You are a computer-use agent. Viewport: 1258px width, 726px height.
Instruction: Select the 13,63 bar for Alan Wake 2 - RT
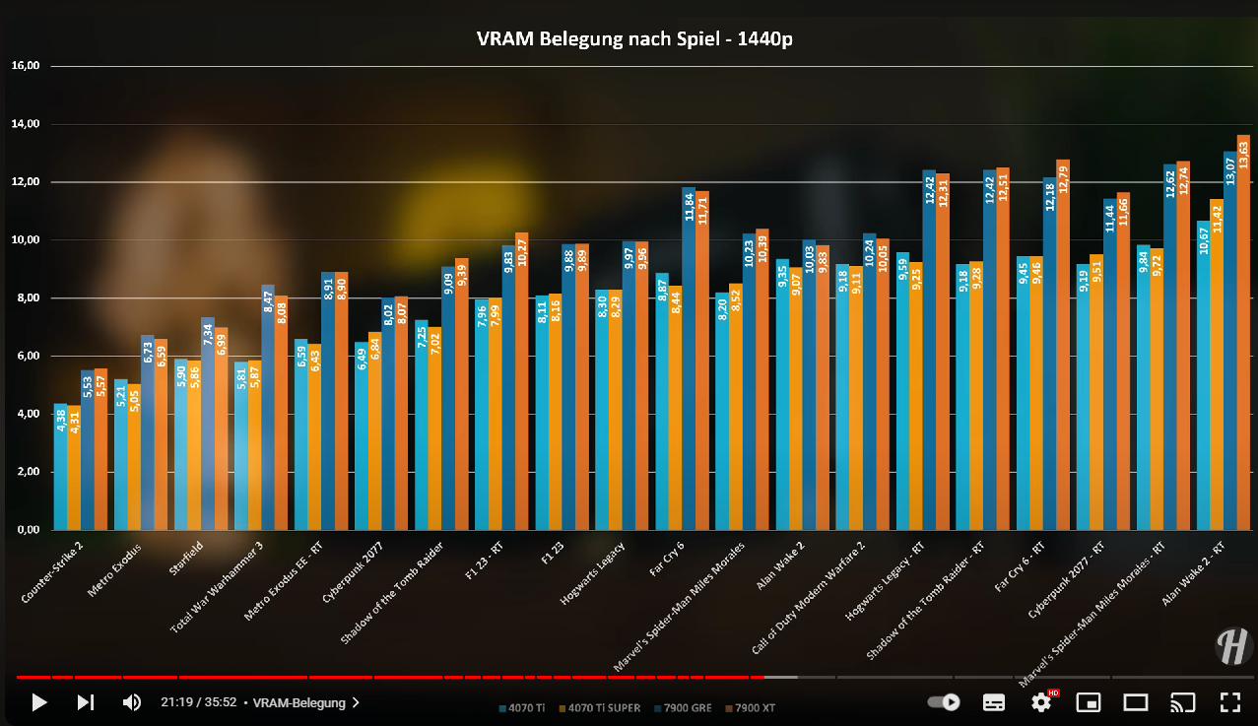pos(1243,335)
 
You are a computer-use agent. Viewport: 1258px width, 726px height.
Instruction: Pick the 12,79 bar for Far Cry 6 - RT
pos(1063,345)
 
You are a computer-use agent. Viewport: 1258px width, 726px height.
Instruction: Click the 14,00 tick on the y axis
pos(25,124)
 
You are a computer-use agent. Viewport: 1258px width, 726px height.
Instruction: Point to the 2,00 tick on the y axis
pos(25,472)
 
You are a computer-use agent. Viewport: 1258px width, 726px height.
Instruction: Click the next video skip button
pos(86,702)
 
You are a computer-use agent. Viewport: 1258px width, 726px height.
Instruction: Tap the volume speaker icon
pos(131,702)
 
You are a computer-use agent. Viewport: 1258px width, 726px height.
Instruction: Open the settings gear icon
pos(1041,702)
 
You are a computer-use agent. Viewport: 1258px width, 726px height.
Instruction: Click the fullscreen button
pos(1229,702)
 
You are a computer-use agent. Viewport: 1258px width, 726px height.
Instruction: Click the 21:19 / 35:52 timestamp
pos(197,703)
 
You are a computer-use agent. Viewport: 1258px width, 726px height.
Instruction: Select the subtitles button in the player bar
pos(994,702)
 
